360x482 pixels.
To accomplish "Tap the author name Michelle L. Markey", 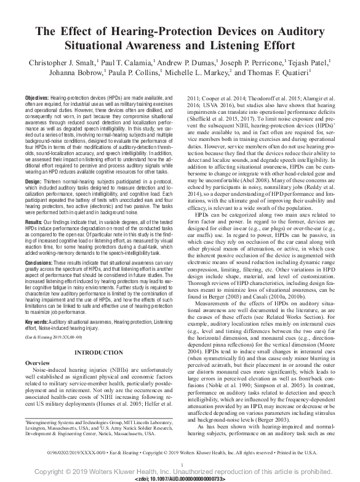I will [x=201, y=73].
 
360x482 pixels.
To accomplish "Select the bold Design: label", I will [x=34, y=182].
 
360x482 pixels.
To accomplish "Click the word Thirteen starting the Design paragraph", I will [x=55, y=182].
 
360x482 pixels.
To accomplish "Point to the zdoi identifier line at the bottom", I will [x=180, y=478].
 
